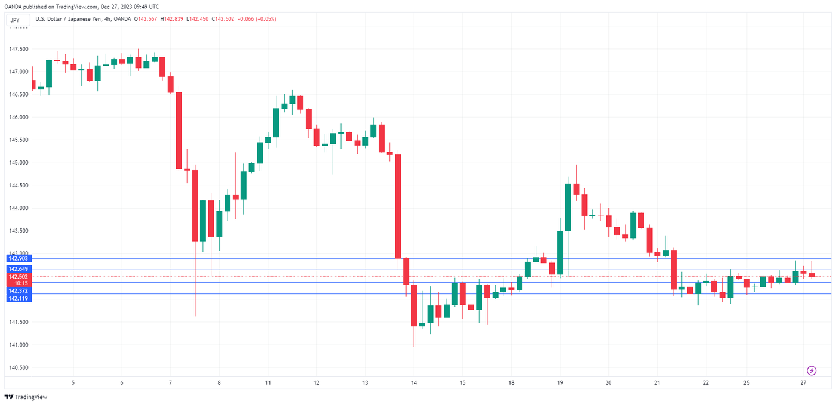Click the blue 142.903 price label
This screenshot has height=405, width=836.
coord(17,258)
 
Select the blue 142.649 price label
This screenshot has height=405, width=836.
coord(17,269)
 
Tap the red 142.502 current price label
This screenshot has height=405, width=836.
coord(17,277)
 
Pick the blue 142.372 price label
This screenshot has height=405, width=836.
coord(17,290)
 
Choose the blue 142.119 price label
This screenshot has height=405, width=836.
coord(17,298)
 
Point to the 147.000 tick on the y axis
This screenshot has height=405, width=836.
coord(19,72)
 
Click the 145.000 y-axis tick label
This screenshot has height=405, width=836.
coord(19,163)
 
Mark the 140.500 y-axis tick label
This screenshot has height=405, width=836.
coord(19,367)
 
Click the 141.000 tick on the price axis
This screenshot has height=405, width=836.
coord(19,345)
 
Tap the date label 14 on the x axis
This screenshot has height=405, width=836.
coord(414,382)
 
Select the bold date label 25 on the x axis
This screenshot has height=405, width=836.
coord(746,382)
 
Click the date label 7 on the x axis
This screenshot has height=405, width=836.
coord(170,382)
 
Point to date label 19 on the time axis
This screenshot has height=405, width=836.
coord(560,382)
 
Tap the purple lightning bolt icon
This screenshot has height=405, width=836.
coord(812,370)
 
